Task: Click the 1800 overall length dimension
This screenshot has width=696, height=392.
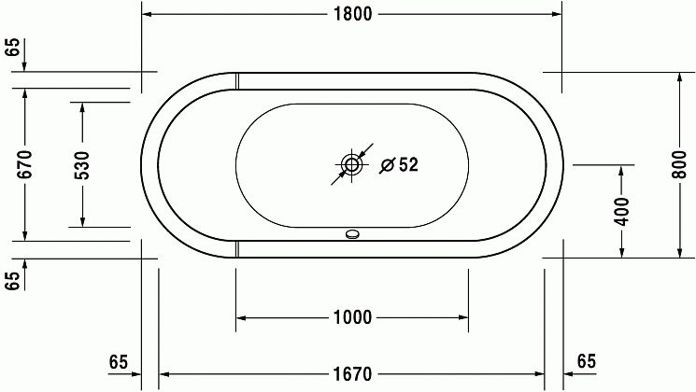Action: coord(353,14)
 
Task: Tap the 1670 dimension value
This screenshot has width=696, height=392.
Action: coord(352,374)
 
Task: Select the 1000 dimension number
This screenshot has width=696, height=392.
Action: coord(352,317)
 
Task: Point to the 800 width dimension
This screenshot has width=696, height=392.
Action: coord(678,164)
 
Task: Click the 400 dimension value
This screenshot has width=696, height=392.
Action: coord(622,212)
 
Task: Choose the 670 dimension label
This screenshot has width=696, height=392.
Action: coord(25,164)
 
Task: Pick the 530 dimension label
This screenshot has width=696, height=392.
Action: coord(82,165)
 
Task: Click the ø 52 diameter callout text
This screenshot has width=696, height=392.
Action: coord(399,165)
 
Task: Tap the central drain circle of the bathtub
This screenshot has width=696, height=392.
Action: coord(352,165)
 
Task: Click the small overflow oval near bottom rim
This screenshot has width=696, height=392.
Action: coord(352,234)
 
